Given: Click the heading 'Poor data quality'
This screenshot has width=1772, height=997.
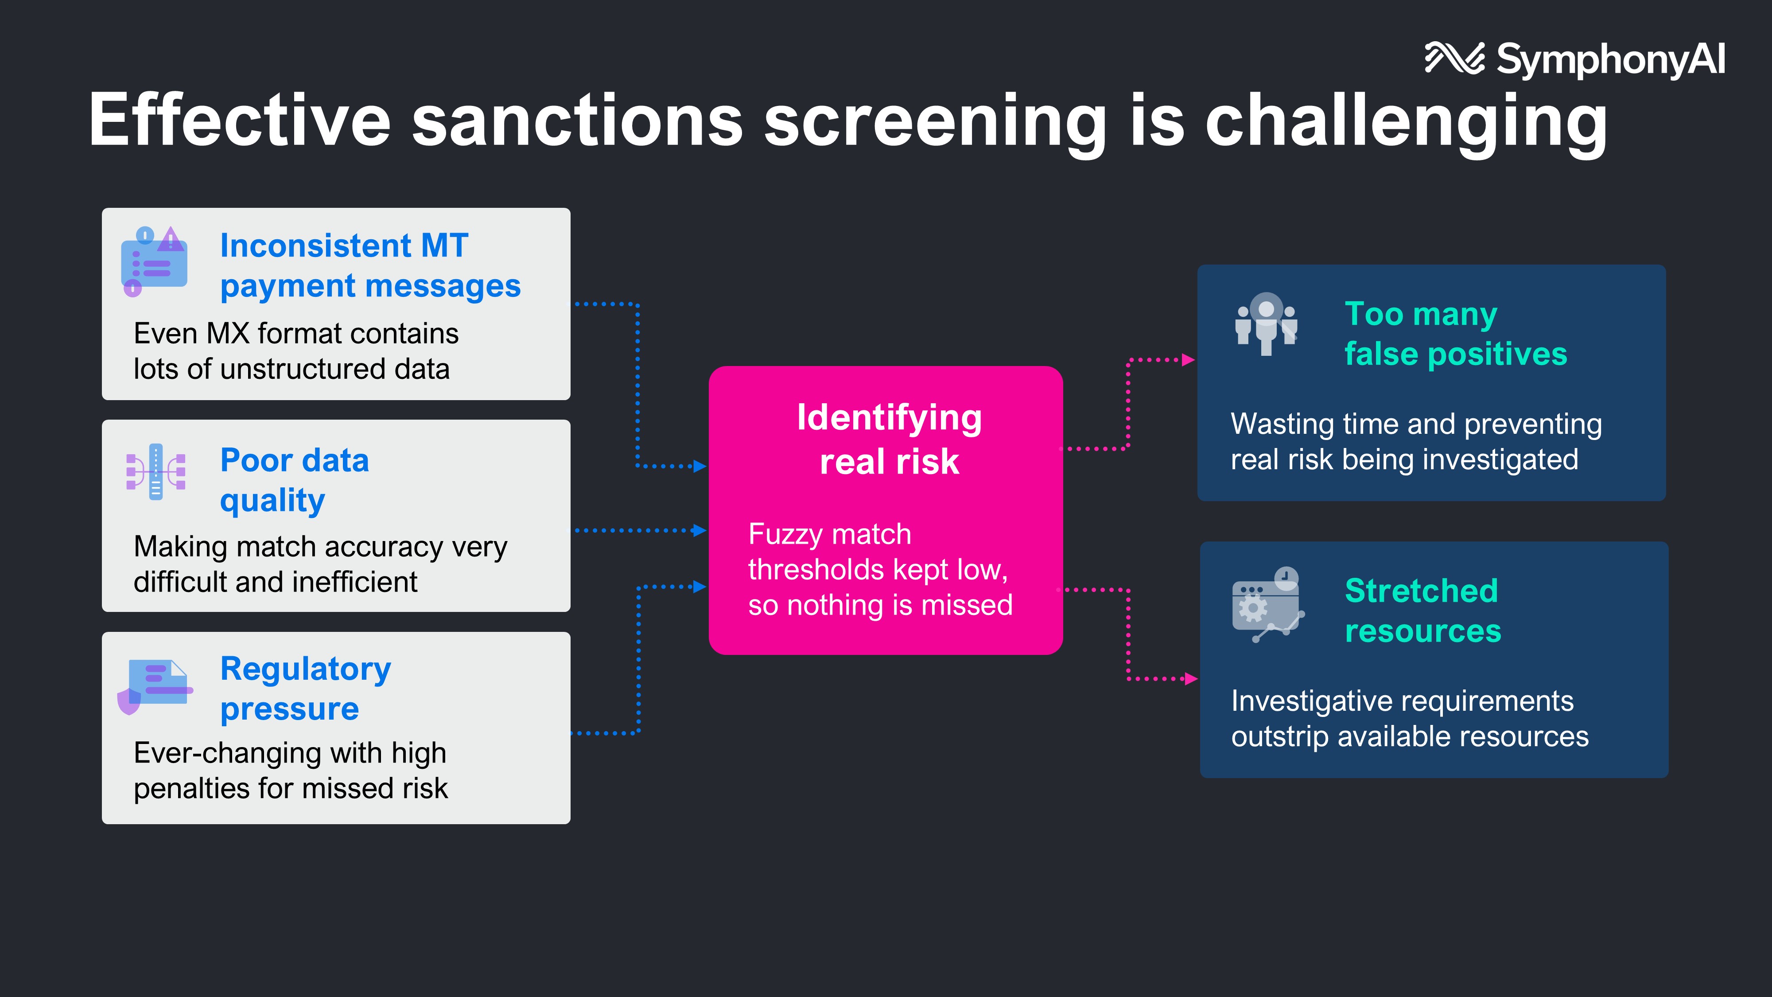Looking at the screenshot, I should click(x=295, y=479).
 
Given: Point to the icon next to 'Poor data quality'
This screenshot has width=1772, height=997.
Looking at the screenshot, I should click(x=156, y=471).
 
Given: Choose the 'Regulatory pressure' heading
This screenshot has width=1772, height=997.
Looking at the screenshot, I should click(x=305, y=688).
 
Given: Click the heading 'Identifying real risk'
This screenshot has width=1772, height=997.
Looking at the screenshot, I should click(x=889, y=439).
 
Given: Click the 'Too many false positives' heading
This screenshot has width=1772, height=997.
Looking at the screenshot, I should click(x=1455, y=334).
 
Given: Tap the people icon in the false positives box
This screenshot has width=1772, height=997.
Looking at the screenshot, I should click(x=1266, y=323).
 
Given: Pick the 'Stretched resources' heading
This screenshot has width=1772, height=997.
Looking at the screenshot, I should click(x=1422, y=610).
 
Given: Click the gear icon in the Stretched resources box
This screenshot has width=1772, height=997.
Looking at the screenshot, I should click(x=1253, y=608).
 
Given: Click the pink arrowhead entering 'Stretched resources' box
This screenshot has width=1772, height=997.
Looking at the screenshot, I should click(x=1191, y=679).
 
